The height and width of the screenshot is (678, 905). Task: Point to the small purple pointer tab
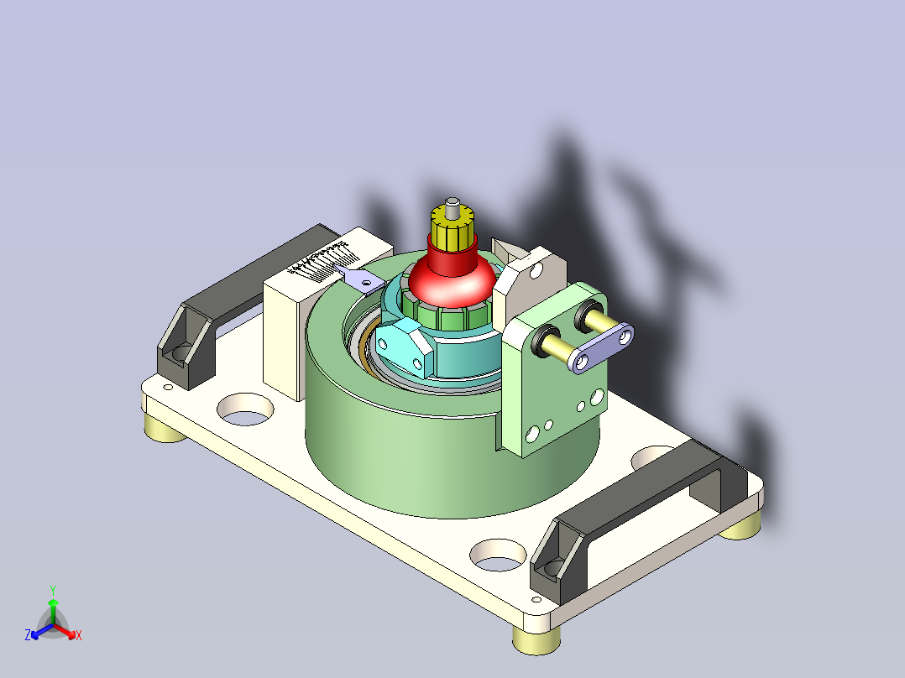click(x=362, y=280)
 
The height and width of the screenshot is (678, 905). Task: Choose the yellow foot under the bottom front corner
click(x=535, y=640)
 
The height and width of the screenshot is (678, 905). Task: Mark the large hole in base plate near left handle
click(x=245, y=409)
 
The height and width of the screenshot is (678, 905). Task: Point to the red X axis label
click(x=78, y=635)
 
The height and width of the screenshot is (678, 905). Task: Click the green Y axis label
click(x=53, y=590)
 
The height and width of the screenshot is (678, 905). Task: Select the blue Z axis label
click(x=28, y=635)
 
